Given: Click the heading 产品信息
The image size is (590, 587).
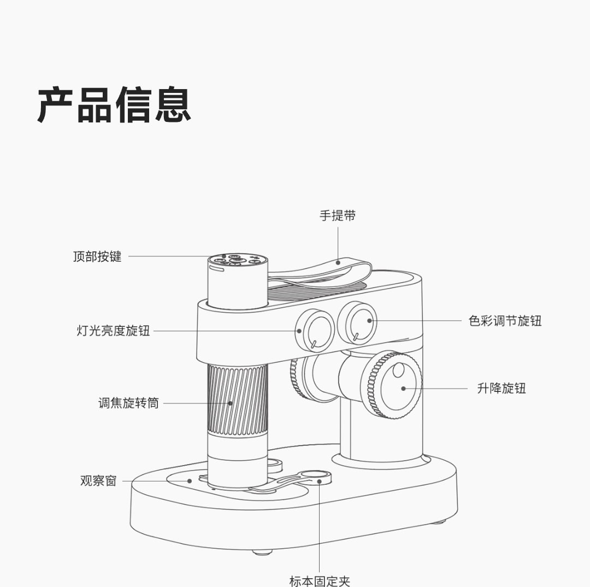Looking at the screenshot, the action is [114, 104].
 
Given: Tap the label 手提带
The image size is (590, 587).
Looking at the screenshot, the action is [337, 216].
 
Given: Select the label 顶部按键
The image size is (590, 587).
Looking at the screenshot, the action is [97, 256].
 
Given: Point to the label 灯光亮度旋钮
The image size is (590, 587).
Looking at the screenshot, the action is [113, 331].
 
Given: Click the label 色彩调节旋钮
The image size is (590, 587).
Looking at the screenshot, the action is [505, 321].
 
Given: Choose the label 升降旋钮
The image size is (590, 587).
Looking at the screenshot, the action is [501, 389].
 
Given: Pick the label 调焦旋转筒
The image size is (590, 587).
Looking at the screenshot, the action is [128, 403].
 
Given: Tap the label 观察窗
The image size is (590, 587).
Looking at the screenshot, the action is [98, 481].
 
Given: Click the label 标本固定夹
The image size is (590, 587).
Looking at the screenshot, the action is [320, 580].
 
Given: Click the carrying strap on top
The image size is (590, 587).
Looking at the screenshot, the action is [322, 273].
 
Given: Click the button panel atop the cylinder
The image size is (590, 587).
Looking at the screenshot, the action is [238, 259].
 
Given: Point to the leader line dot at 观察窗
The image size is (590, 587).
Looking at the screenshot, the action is [190, 481].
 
